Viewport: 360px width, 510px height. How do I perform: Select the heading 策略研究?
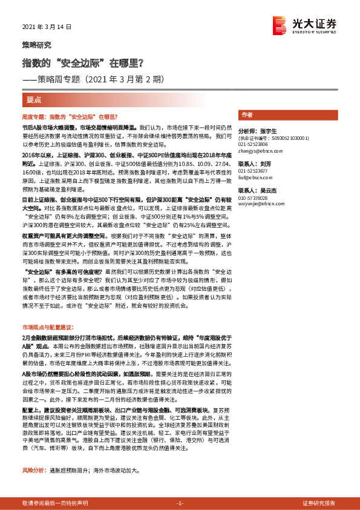(x=37, y=45)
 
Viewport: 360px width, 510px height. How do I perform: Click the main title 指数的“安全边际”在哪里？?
(x=83, y=62)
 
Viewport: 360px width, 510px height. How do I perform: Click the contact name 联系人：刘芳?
(x=253, y=164)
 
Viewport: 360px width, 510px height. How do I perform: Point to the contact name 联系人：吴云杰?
(x=257, y=190)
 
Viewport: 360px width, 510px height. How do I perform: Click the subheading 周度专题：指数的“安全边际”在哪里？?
(x=69, y=116)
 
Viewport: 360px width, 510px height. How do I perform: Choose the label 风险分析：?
(x=33, y=469)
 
